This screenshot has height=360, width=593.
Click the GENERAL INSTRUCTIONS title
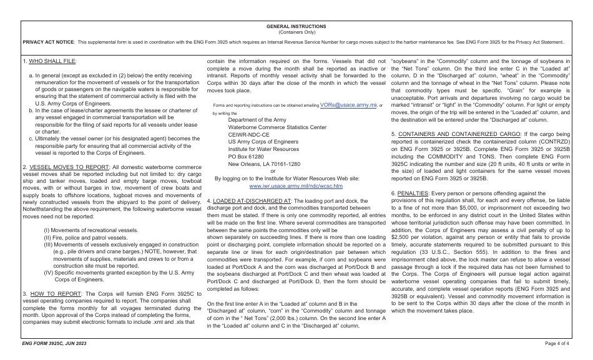tap(296, 26)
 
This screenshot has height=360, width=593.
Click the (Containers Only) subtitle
tap(296, 31)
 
